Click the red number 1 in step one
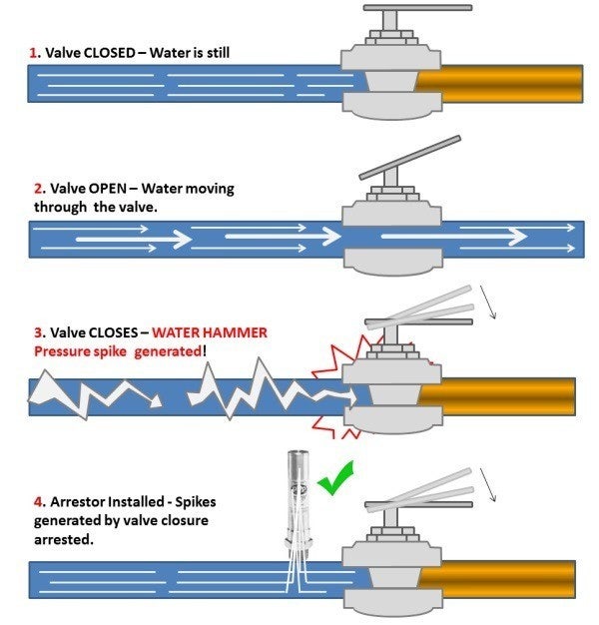tap(32, 49)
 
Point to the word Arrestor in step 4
tap(76, 503)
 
